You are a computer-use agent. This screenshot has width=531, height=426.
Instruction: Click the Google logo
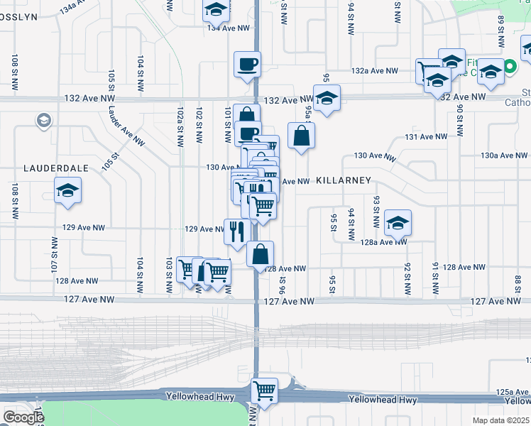click(x=23, y=417)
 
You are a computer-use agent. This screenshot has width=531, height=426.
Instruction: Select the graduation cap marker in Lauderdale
click(x=67, y=191)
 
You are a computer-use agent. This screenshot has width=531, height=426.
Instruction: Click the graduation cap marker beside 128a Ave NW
click(x=398, y=223)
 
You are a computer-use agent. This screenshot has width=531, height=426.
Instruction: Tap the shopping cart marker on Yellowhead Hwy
click(x=265, y=390)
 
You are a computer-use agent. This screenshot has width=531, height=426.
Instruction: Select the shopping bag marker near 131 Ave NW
click(x=302, y=135)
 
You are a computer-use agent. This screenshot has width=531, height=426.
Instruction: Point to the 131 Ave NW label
click(x=426, y=136)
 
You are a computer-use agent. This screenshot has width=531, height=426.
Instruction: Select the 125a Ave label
click(x=513, y=391)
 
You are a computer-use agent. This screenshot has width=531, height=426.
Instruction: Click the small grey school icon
click(x=44, y=120)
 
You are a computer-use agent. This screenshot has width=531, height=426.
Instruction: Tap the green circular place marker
click(x=510, y=67)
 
